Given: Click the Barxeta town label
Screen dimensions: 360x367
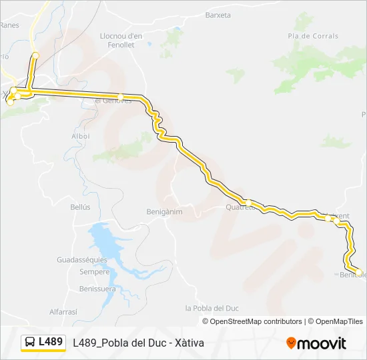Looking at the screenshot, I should point(218,15).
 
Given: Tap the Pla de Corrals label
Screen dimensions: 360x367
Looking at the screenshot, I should point(313,36).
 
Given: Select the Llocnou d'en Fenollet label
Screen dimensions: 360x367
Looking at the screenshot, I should point(121,40).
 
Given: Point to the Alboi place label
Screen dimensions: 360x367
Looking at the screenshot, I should point(80,136).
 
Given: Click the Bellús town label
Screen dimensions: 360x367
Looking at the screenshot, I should point(80,207).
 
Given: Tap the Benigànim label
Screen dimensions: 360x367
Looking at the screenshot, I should point(164,211).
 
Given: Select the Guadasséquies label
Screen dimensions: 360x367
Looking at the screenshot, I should point(82,259).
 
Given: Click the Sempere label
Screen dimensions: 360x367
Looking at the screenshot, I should point(94,272).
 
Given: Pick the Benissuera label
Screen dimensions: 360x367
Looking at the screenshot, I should point(97,289).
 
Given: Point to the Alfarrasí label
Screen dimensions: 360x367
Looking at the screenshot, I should point(63,311).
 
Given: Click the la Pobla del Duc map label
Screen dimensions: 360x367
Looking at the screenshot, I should point(212,308).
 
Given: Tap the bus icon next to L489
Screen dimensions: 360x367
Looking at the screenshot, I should point(30,342).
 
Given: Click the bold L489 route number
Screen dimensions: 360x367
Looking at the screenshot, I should point(51,342).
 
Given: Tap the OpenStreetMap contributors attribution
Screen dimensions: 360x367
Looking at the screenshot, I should point(256,321).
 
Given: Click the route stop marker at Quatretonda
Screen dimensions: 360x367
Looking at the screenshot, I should point(247,202).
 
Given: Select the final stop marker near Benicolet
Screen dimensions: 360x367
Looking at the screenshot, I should point(358,272).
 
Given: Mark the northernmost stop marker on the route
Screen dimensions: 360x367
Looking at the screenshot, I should point(35,56).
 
